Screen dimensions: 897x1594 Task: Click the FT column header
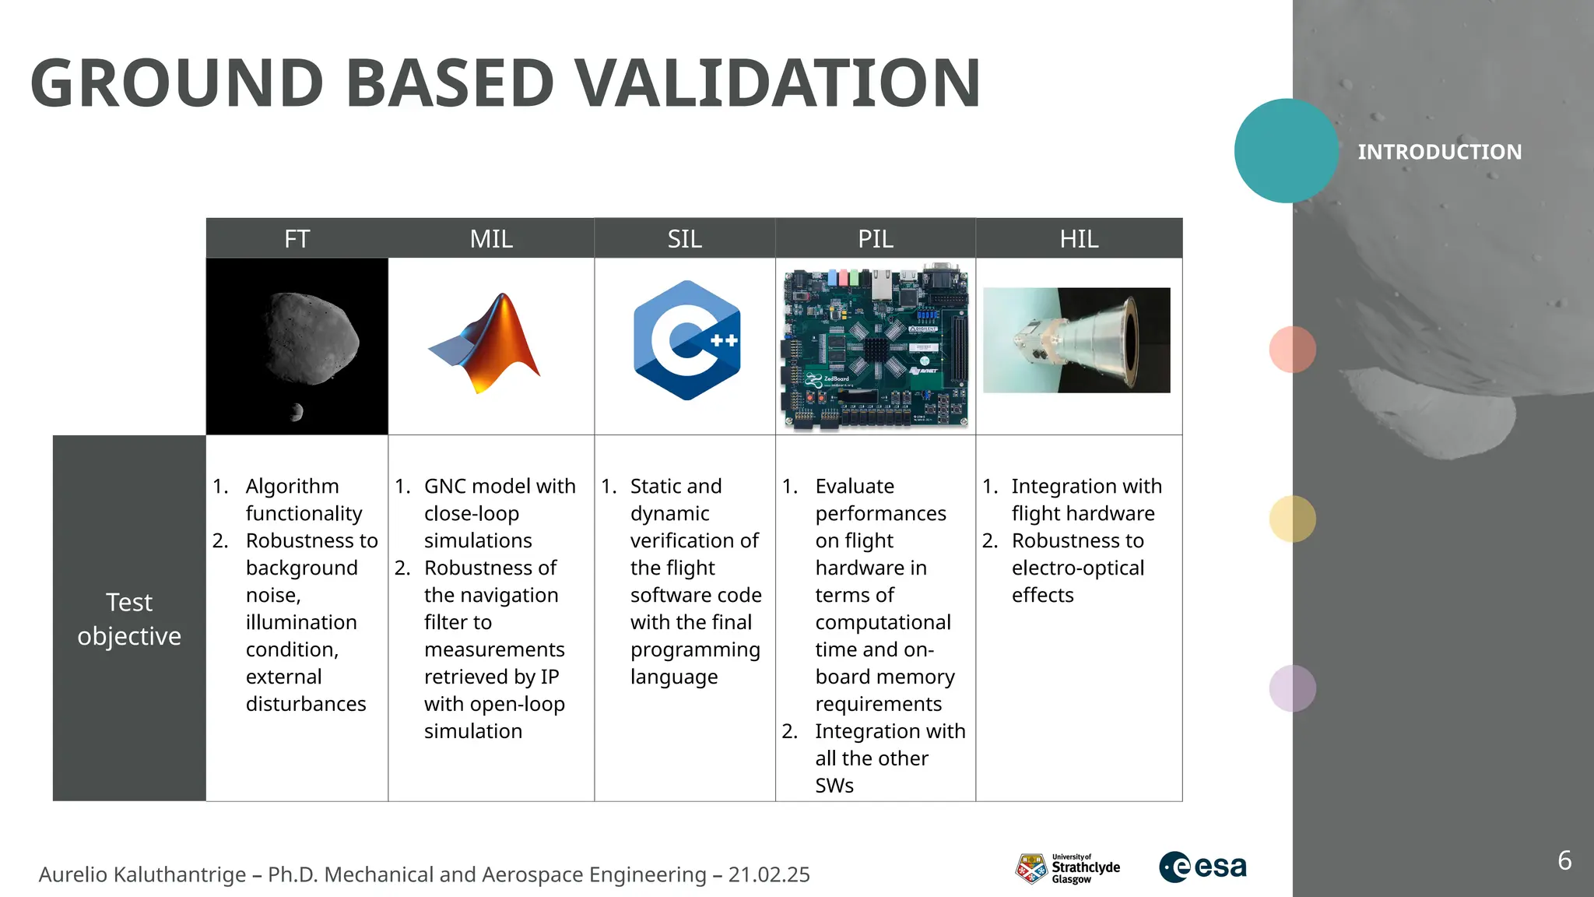pos(297,238)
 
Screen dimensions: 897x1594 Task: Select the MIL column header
pos(491,238)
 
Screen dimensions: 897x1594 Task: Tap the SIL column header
pos(684,238)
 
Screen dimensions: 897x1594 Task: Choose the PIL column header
pos(875,238)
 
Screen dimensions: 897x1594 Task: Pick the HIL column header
pos(1079,238)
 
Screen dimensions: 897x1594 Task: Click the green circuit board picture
pos(876,346)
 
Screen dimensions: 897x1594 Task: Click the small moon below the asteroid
pos(296,412)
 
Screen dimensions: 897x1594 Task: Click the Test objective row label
pos(129,618)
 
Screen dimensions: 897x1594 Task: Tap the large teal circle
pos(1286,151)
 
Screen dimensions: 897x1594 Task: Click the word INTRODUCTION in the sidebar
pos(1439,152)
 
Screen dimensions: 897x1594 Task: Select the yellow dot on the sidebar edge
pos(1292,519)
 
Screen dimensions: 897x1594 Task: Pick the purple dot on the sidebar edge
pos(1292,688)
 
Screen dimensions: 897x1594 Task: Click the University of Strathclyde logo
pos(1067,867)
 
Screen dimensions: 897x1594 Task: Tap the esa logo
pos(1203,867)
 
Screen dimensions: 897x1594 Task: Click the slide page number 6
pos(1564,860)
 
